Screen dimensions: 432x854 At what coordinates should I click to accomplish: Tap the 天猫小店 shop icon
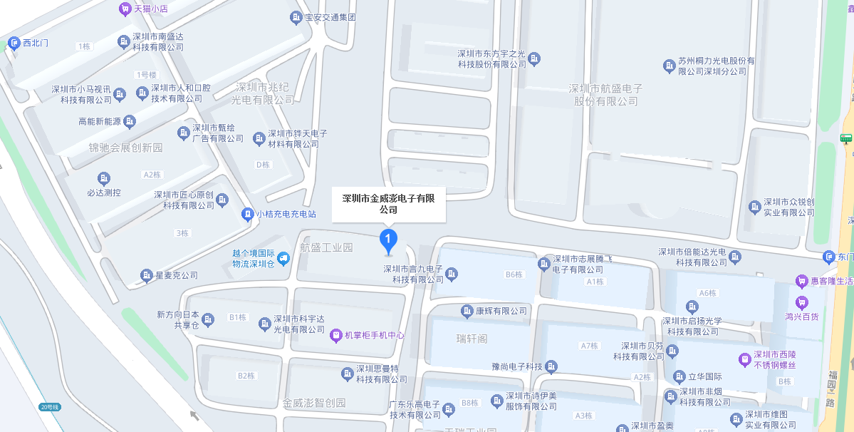125,9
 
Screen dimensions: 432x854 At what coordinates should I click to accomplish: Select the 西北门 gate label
35,43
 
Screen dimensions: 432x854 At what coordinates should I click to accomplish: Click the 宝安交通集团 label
330,17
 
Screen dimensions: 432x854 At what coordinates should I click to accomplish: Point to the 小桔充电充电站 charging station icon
247,214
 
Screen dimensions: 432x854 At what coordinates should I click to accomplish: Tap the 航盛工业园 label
326,248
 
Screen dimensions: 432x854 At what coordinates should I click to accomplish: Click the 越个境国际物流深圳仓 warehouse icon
283,258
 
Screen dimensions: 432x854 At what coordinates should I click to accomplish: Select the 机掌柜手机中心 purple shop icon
337,334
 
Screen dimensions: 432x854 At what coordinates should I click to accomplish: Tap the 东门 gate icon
828,257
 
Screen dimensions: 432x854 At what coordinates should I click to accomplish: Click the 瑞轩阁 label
472,337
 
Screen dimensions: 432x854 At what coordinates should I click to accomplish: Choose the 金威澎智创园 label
314,403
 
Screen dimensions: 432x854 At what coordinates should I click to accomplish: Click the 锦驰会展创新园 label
125,148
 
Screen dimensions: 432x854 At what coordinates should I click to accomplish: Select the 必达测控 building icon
104,178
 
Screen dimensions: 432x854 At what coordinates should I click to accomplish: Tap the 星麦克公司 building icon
147,275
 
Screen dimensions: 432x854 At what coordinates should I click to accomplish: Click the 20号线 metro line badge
51,407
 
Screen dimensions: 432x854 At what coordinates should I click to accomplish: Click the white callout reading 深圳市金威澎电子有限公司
388,204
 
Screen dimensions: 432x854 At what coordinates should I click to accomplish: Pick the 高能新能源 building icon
130,122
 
